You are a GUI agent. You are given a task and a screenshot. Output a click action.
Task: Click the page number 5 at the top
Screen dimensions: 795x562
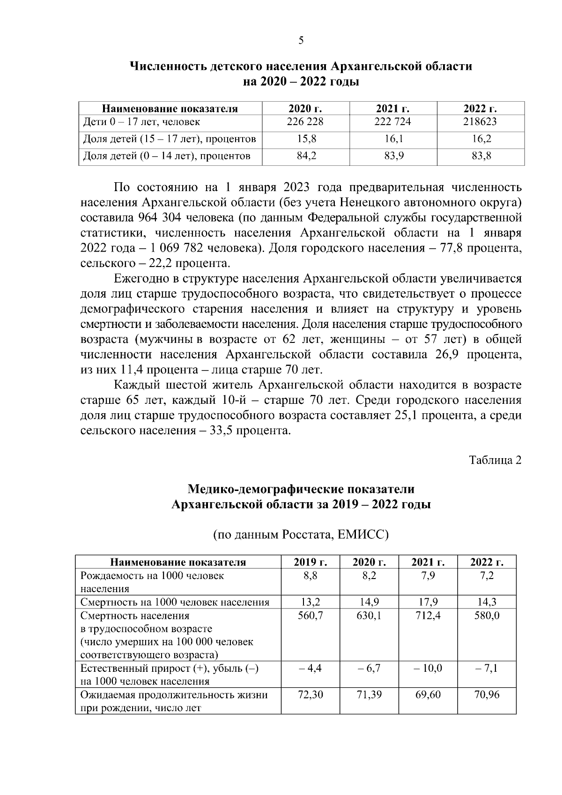coord(301,40)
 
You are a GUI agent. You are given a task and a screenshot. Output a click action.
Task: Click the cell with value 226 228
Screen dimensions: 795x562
coord(305,122)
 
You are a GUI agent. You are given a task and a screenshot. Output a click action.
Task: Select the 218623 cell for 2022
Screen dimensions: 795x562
coord(481,122)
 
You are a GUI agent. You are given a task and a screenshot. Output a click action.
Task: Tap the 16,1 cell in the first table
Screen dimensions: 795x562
coord(393,139)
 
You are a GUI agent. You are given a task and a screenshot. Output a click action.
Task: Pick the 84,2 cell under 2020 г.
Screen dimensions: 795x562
coord(306,156)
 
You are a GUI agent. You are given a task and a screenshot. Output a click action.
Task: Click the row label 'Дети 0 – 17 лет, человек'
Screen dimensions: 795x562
coord(141,122)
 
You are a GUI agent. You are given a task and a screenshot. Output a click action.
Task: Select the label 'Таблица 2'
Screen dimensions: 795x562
coord(495,460)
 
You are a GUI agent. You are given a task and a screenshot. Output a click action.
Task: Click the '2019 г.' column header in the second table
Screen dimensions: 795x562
coord(310,562)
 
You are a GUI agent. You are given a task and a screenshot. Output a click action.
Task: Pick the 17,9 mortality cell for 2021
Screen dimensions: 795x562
coord(428,602)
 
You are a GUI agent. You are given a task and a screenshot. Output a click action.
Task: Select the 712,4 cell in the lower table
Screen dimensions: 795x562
coord(428,615)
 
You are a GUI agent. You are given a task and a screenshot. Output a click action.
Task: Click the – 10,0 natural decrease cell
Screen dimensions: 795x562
coord(428,668)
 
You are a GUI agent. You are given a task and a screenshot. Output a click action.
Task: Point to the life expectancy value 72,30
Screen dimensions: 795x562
coord(310,695)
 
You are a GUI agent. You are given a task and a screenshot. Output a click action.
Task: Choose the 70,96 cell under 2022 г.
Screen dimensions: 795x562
coord(487,695)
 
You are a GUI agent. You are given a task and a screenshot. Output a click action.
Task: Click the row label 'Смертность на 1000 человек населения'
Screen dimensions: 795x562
coord(175,602)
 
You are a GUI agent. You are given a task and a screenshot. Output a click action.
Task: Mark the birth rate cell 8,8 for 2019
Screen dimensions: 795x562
coord(310,575)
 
